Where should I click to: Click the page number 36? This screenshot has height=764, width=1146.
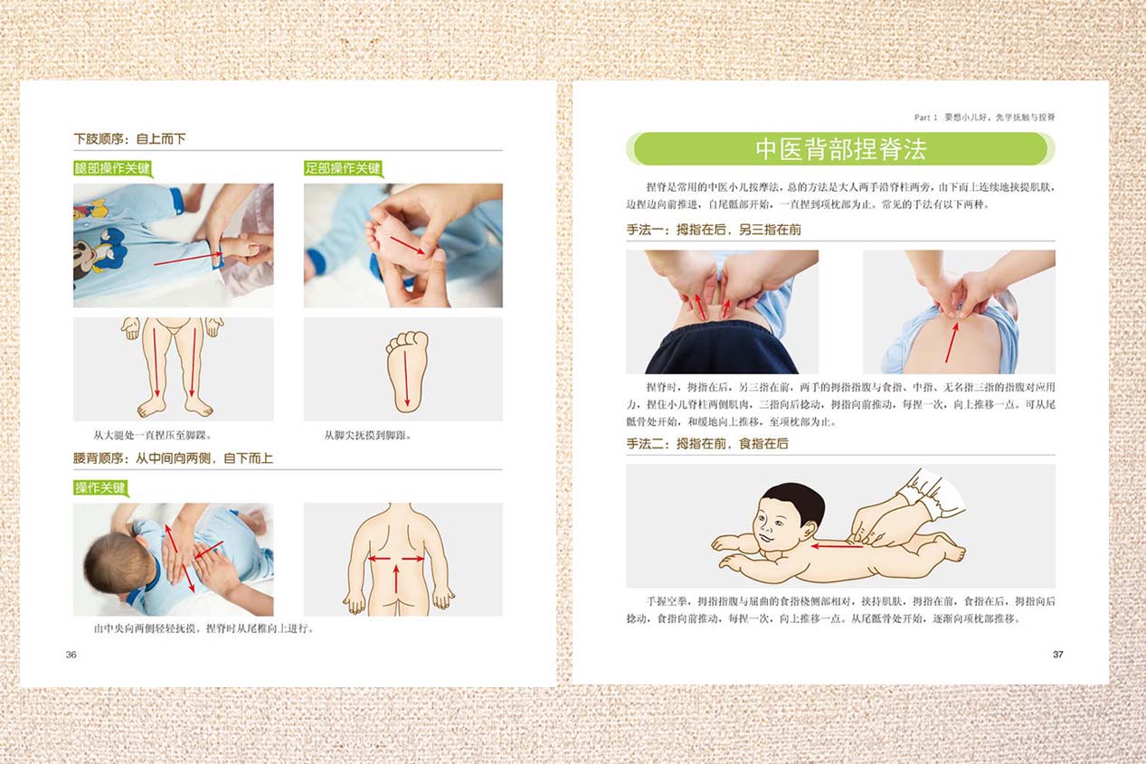pos(71,655)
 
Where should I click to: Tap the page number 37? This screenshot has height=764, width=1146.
pos(1058,655)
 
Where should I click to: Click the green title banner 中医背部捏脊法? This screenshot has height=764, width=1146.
pos(840,149)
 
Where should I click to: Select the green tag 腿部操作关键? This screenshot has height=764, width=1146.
pos(113,168)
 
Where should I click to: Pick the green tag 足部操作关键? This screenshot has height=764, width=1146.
pos(344,168)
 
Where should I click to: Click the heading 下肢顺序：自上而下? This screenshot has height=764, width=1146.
pos(130,139)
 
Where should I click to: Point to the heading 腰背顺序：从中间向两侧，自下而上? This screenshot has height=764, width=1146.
pos(173,458)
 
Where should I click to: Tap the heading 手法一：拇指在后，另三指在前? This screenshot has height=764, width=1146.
pos(714,231)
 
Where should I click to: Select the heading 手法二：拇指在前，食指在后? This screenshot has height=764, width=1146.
pos(707,444)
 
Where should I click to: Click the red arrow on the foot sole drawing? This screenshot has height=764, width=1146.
pos(406,379)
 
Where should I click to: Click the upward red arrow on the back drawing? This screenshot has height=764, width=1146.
pos(396,579)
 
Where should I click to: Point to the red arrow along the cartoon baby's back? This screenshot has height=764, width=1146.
pos(837,546)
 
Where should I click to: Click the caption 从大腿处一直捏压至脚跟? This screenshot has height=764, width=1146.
pos(152,436)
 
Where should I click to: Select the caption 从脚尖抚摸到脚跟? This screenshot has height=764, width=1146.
pos(368,436)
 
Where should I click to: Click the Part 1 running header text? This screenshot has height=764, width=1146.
pos(984,118)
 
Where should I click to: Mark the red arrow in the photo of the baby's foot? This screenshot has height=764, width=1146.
pos(407,245)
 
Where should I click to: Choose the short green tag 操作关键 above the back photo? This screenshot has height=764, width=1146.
pos(100,488)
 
